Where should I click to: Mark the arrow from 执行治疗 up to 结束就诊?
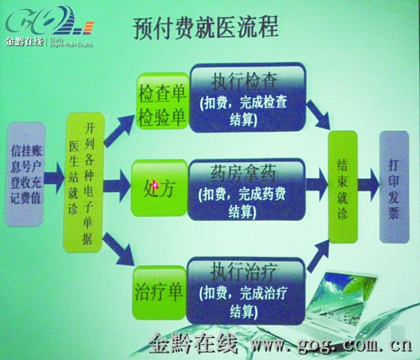point(316,252)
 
